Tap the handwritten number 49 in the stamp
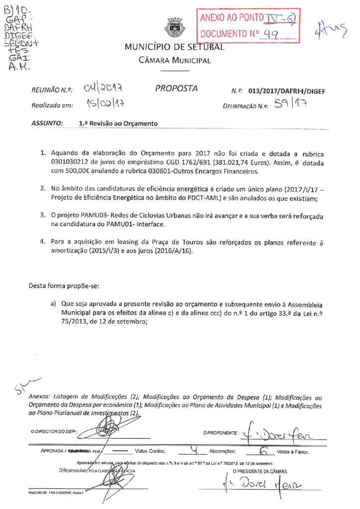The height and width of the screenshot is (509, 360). pyautogui.click(x=271, y=34)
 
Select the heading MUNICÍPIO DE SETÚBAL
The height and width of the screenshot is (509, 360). pyautogui.click(x=175, y=48)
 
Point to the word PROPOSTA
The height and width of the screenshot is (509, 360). pyautogui.click(x=177, y=88)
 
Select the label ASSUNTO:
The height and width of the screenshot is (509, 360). pyautogui.click(x=47, y=123)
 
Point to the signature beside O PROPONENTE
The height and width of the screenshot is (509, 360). pyautogui.click(x=283, y=434)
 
